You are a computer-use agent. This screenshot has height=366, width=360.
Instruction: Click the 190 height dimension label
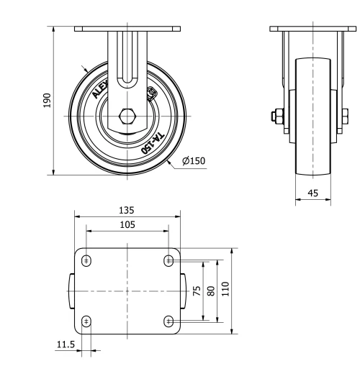tap(47, 99)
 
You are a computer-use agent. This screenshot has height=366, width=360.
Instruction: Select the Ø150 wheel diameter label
tap(194, 161)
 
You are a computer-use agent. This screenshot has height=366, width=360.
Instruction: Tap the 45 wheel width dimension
tap(312, 192)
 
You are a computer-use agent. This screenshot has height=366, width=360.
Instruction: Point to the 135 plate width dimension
tap(127, 211)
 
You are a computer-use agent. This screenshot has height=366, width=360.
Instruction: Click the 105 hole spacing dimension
tap(127, 224)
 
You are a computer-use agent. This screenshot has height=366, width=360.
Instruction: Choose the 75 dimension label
tap(197, 290)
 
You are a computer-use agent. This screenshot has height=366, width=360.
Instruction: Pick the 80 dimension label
tap(210, 290)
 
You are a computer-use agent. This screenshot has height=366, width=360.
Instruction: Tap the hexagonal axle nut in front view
tap(127, 115)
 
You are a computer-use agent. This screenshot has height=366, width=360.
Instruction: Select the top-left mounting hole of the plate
tap(86, 260)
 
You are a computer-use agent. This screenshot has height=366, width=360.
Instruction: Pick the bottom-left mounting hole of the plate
tap(86, 321)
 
